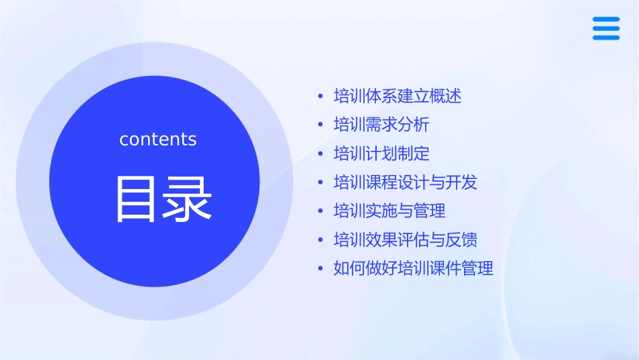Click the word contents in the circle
158,139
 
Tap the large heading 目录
163,199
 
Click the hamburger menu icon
606,28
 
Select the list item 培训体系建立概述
398,96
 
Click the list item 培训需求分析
381,125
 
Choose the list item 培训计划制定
381,154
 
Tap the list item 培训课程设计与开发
406,182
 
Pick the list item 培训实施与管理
389,211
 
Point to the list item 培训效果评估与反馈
406,240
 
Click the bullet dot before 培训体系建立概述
321,97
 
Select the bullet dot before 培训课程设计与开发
321,183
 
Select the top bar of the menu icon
606,20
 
